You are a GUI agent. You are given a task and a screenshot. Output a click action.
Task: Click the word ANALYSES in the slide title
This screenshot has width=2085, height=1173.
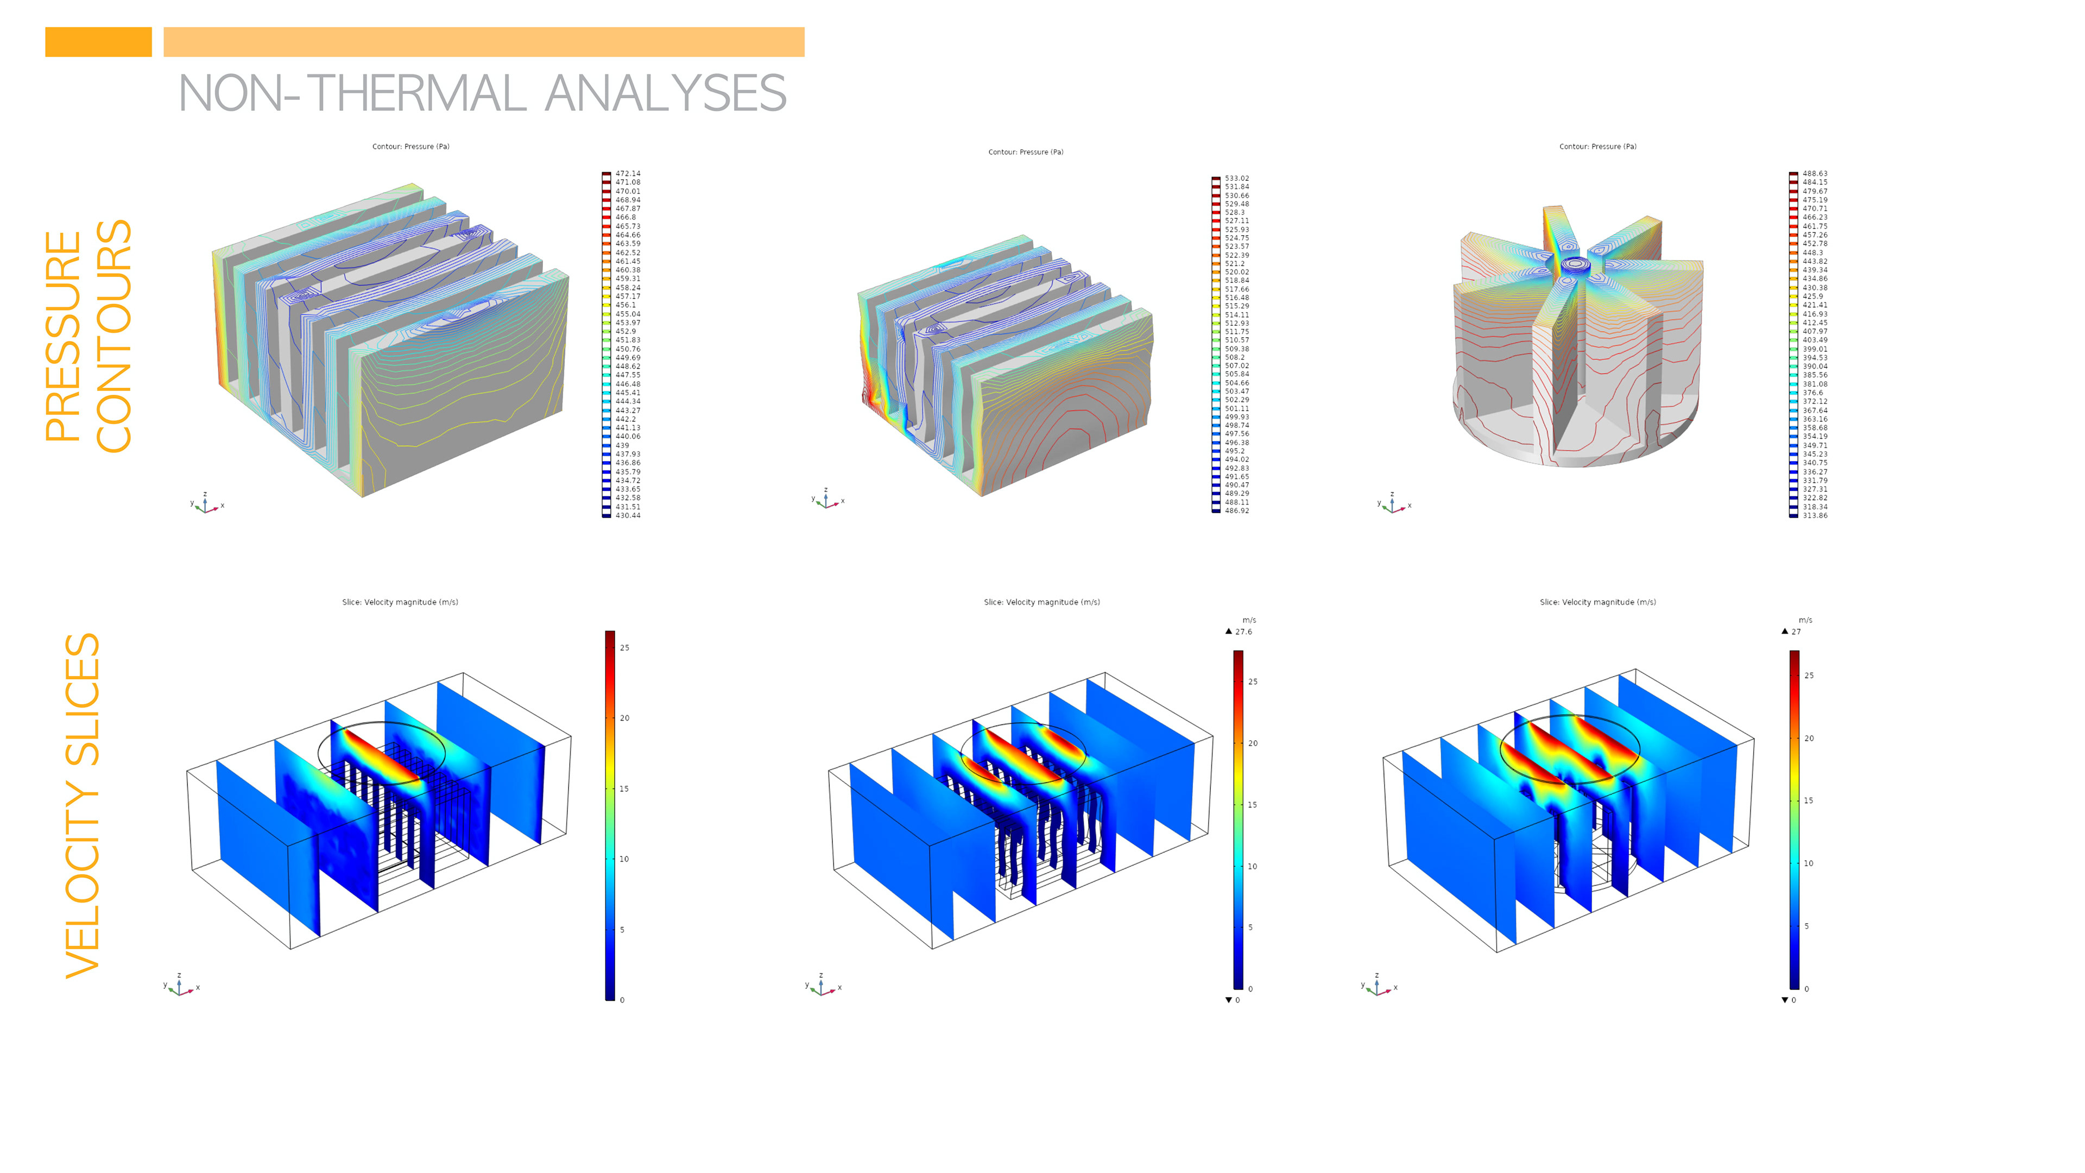[x=665, y=94]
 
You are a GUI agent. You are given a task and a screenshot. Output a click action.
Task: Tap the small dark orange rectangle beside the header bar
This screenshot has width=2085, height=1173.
[x=98, y=42]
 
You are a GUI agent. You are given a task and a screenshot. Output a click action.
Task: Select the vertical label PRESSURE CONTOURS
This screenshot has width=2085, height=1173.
[x=87, y=336]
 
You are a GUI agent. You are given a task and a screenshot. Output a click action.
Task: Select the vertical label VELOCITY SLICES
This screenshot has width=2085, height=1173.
[x=82, y=805]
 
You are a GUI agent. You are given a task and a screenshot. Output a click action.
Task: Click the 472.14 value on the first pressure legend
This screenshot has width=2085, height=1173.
[x=627, y=173]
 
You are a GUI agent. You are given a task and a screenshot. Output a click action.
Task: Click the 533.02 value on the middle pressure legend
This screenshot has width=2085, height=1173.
[x=1236, y=178]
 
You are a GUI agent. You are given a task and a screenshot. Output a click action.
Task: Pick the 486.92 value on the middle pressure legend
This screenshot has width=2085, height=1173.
[x=1236, y=511]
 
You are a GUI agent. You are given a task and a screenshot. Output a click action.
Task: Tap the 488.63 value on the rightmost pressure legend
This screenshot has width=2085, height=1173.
[x=1814, y=173]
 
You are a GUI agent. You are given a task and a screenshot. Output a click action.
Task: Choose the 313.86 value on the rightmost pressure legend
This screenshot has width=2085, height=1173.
[x=1814, y=516]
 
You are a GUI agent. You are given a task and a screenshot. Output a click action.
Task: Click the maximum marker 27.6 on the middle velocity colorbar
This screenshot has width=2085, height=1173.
[x=1242, y=632]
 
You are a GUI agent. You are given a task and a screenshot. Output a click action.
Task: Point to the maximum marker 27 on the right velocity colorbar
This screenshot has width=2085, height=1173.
[x=1795, y=632]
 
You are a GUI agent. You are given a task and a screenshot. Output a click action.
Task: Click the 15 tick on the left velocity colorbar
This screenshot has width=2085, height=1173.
[x=624, y=789]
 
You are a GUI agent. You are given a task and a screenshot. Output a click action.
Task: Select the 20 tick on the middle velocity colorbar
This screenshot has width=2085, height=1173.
[x=1252, y=743]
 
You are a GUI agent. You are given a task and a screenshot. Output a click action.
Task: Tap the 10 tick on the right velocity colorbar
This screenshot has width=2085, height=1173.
[x=1808, y=863]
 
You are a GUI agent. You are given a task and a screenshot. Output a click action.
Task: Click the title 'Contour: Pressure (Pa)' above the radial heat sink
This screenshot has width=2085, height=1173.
[x=1597, y=147]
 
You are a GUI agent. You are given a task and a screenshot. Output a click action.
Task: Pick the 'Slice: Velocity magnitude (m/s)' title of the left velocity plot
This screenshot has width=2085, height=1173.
[x=400, y=602]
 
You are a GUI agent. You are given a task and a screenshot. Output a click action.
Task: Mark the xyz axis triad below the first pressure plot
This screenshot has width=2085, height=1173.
[x=206, y=504]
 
